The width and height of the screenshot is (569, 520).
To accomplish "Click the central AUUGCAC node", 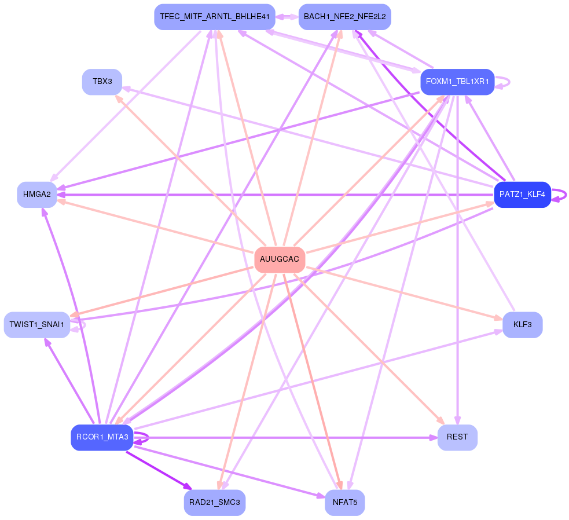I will [x=280, y=259].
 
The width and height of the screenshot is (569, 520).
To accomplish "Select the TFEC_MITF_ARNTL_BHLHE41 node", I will [x=214, y=17].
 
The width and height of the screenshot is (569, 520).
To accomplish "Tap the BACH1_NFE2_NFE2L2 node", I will [x=344, y=17].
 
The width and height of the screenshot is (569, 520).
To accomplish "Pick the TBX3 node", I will [x=102, y=82].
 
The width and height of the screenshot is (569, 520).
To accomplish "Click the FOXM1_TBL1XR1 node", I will [x=457, y=82].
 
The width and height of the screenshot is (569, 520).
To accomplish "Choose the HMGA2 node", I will [x=37, y=195].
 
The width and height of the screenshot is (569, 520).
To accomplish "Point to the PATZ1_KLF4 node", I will [x=522, y=195].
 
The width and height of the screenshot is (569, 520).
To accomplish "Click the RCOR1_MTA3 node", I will [x=102, y=437].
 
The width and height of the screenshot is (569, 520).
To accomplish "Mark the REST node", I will [x=457, y=437].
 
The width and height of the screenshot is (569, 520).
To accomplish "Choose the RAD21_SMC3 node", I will [x=214, y=502].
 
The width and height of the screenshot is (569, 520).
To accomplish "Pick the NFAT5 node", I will [x=344, y=502].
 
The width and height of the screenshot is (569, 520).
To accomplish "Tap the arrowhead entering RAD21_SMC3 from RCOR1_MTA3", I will [x=188, y=486].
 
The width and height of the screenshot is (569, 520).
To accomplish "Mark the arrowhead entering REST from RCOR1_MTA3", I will [x=433, y=438].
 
